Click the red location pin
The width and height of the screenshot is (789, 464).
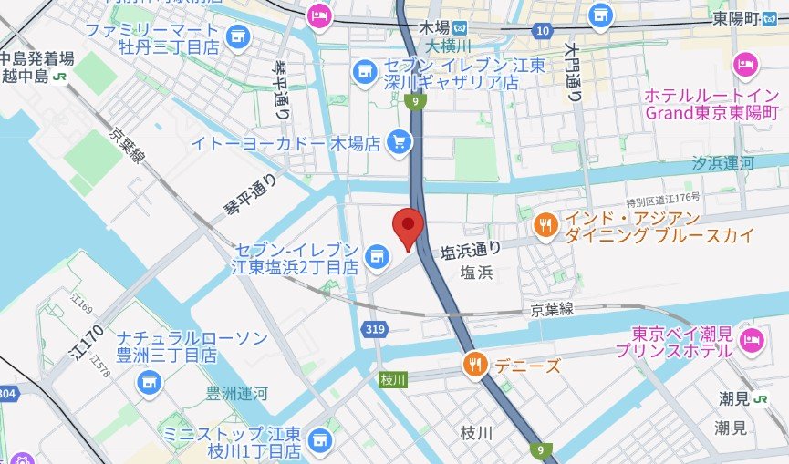408,225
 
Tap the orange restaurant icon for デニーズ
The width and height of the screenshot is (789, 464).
473,365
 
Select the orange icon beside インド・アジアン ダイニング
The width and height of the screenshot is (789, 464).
545,224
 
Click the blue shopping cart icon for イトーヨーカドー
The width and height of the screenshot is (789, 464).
398,141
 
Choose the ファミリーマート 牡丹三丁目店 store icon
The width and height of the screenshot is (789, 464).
237,36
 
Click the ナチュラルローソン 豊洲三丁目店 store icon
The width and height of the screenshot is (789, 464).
147,384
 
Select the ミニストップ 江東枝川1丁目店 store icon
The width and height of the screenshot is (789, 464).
317,441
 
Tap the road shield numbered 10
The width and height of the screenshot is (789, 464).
543,32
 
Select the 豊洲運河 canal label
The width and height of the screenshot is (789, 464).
236,394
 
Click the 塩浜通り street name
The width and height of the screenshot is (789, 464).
471,249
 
